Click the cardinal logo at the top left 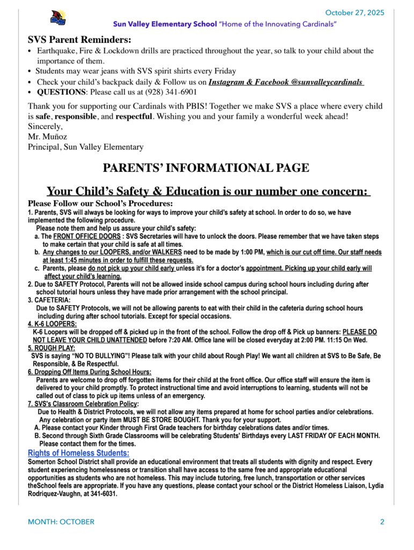click(x=57, y=17)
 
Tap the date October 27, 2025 click(x=354, y=13)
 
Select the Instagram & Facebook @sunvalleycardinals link click(x=286, y=82)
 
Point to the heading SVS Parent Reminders click(x=79, y=40)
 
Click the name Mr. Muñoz click(x=47, y=136)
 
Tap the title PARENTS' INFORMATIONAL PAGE click(x=206, y=168)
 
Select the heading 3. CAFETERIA click(x=48, y=300)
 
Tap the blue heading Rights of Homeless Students click(x=78, y=453)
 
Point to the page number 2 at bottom click(x=382, y=522)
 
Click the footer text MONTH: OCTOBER click(x=61, y=522)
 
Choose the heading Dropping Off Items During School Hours click(x=89, y=372)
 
